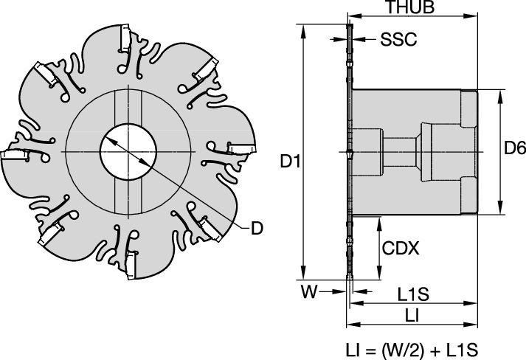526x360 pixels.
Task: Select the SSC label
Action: click(399, 39)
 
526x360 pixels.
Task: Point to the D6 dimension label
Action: click(514, 150)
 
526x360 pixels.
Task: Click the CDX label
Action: click(400, 249)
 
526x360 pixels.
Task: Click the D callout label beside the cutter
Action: click(256, 228)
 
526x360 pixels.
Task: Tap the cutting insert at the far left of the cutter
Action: click(13, 156)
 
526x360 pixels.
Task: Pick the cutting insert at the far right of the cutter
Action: click(240, 149)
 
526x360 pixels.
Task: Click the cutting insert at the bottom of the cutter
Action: click(131, 264)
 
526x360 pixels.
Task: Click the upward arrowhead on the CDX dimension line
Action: click(378, 221)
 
